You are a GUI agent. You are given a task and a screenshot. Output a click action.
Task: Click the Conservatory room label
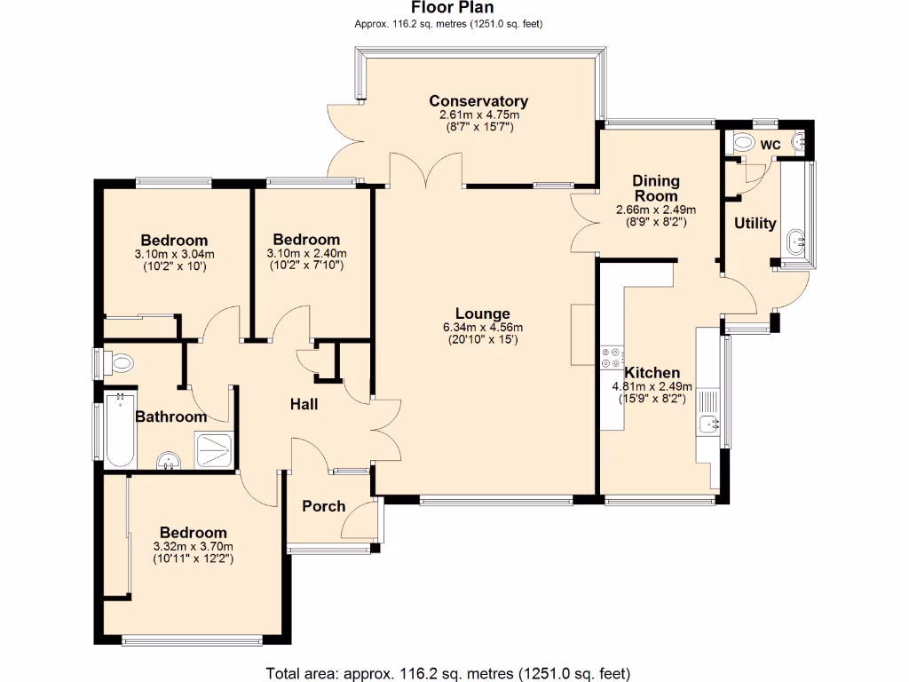pos(478,101)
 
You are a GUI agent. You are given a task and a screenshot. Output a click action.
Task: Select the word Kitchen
pos(652,373)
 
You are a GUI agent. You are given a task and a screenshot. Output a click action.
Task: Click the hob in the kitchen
pos(612,357)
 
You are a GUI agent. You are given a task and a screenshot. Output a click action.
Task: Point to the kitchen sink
pos(708,424)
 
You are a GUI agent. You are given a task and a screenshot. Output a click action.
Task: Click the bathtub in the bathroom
pos(118,432)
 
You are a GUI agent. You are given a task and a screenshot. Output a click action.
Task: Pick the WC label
pos(770,144)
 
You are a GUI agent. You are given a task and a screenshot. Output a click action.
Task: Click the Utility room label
pos(755,224)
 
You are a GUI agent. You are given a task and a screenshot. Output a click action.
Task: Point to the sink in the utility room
pos(795,240)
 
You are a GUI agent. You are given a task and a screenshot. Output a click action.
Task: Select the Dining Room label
pos(655,188)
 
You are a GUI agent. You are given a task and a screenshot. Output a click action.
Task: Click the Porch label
pos(324,506)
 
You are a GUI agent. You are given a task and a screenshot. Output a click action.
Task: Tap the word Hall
pos(304,405)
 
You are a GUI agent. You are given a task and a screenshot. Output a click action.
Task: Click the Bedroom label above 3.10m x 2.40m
pos(306,240)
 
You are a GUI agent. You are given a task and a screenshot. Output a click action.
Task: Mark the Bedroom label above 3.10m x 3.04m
pos(174,241)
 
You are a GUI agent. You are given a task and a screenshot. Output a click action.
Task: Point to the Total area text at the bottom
pos(448,672)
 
